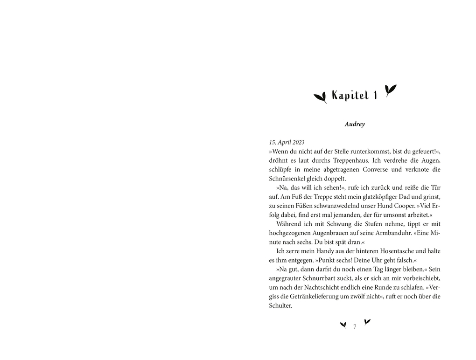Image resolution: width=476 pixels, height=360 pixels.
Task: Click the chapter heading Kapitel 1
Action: click(354, 96)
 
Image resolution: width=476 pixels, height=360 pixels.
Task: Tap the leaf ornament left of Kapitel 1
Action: click(320, 97)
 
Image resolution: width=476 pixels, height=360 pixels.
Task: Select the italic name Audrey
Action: click(355, 125)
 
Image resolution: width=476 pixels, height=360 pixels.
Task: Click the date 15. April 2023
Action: click(287, 142)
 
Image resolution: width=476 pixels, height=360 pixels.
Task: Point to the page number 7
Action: click(355, 326)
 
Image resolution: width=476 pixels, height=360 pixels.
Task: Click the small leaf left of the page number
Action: click(343, 325)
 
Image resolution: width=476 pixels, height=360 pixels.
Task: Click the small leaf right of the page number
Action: click(367, 321)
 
